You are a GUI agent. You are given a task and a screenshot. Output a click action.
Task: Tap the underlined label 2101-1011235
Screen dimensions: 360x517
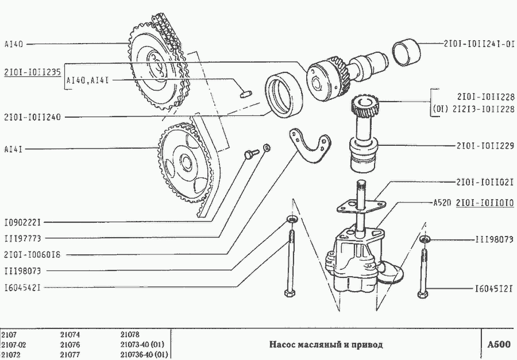pos(32,73)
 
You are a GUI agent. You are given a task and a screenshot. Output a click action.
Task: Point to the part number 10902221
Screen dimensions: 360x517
pos(22,222)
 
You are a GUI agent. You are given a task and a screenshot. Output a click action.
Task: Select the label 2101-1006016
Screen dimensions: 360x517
pos(32,254)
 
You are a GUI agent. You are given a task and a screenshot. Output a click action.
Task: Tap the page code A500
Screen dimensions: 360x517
pos(498,344)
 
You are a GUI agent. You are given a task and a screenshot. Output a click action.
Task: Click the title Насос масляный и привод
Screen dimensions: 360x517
pos(326,344)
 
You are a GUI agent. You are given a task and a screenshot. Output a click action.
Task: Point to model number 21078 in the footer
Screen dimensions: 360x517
pos(130,334)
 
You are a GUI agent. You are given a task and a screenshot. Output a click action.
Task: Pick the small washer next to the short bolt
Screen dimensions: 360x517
pos(267,149)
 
